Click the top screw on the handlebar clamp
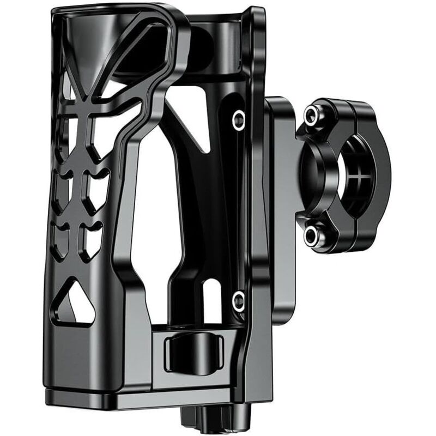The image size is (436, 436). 312,114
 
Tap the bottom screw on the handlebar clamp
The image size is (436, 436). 312,235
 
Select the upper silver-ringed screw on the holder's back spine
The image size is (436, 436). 238,120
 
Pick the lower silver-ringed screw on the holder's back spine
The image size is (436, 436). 238,299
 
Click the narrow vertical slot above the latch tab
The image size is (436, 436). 192,305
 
